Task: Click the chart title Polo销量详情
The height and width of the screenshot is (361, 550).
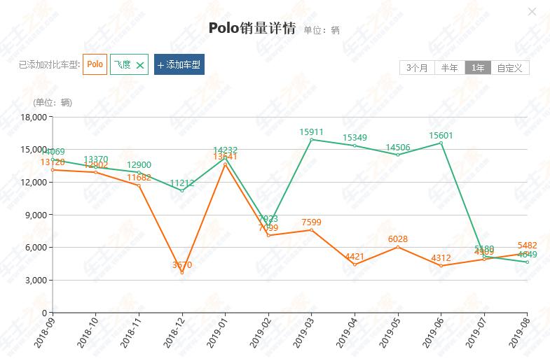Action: [252, 27]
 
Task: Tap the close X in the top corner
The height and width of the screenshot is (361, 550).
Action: [532, 11]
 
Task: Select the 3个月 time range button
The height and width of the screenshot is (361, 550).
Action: [417, 68]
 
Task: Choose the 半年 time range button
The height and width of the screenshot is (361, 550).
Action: [449, 68]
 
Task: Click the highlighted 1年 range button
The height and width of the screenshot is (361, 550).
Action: [478, 68]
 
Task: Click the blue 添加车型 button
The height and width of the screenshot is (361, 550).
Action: [179, 64]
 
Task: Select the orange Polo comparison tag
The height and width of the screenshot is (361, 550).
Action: [95, 64]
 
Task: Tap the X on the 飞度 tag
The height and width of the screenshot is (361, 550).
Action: [140, 65]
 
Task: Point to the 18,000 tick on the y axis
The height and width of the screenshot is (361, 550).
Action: [34, 117]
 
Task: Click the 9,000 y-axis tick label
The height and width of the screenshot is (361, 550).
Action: [36, 215]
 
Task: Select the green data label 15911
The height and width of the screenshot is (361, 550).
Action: [311, 132]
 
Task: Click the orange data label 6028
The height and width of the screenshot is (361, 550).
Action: [397, 239]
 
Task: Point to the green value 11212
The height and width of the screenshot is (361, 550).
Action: [182, 183]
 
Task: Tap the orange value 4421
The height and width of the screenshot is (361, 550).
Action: [355, 257]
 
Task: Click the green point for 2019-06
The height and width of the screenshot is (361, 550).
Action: [441, 143]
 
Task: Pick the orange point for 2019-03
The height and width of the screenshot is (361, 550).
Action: [311, 230]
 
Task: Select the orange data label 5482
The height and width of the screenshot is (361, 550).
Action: [527, 246]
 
